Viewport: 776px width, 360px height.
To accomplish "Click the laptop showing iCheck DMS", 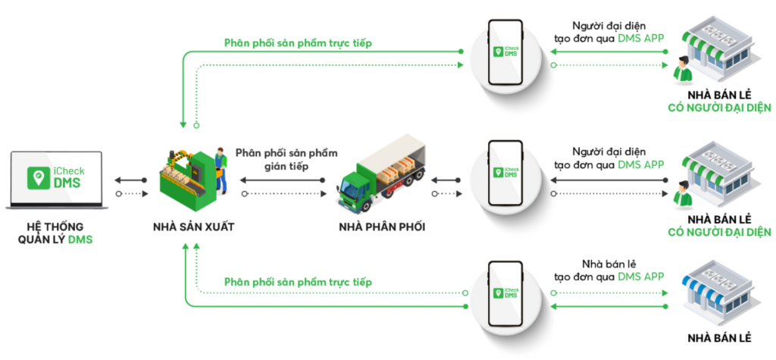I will (x=58, y=180).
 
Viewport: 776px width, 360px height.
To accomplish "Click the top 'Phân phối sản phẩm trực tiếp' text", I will (x=297, y=43).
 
